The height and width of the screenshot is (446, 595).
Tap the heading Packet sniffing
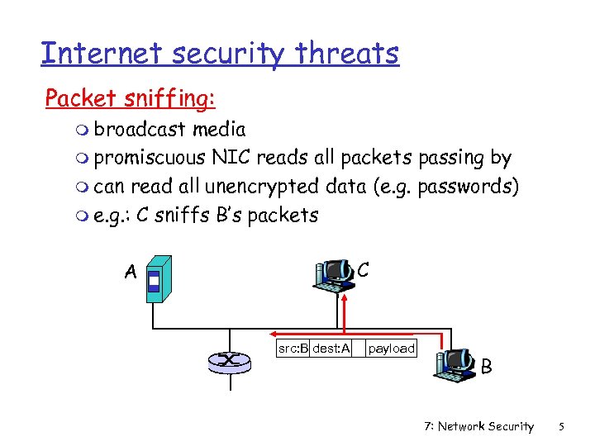(x=131, y=98)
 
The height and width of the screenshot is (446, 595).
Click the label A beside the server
(x=130, y=272)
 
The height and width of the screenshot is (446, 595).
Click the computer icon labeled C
(x=335, y=276)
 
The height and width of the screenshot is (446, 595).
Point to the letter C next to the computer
(x=364, y=269)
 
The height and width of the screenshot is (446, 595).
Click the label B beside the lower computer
(x=487, y=366)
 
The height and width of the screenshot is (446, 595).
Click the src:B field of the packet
(x=293, y=349)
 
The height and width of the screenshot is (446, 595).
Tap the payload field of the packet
(x=391, y=349)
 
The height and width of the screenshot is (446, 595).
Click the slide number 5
(x=561, y=426)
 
